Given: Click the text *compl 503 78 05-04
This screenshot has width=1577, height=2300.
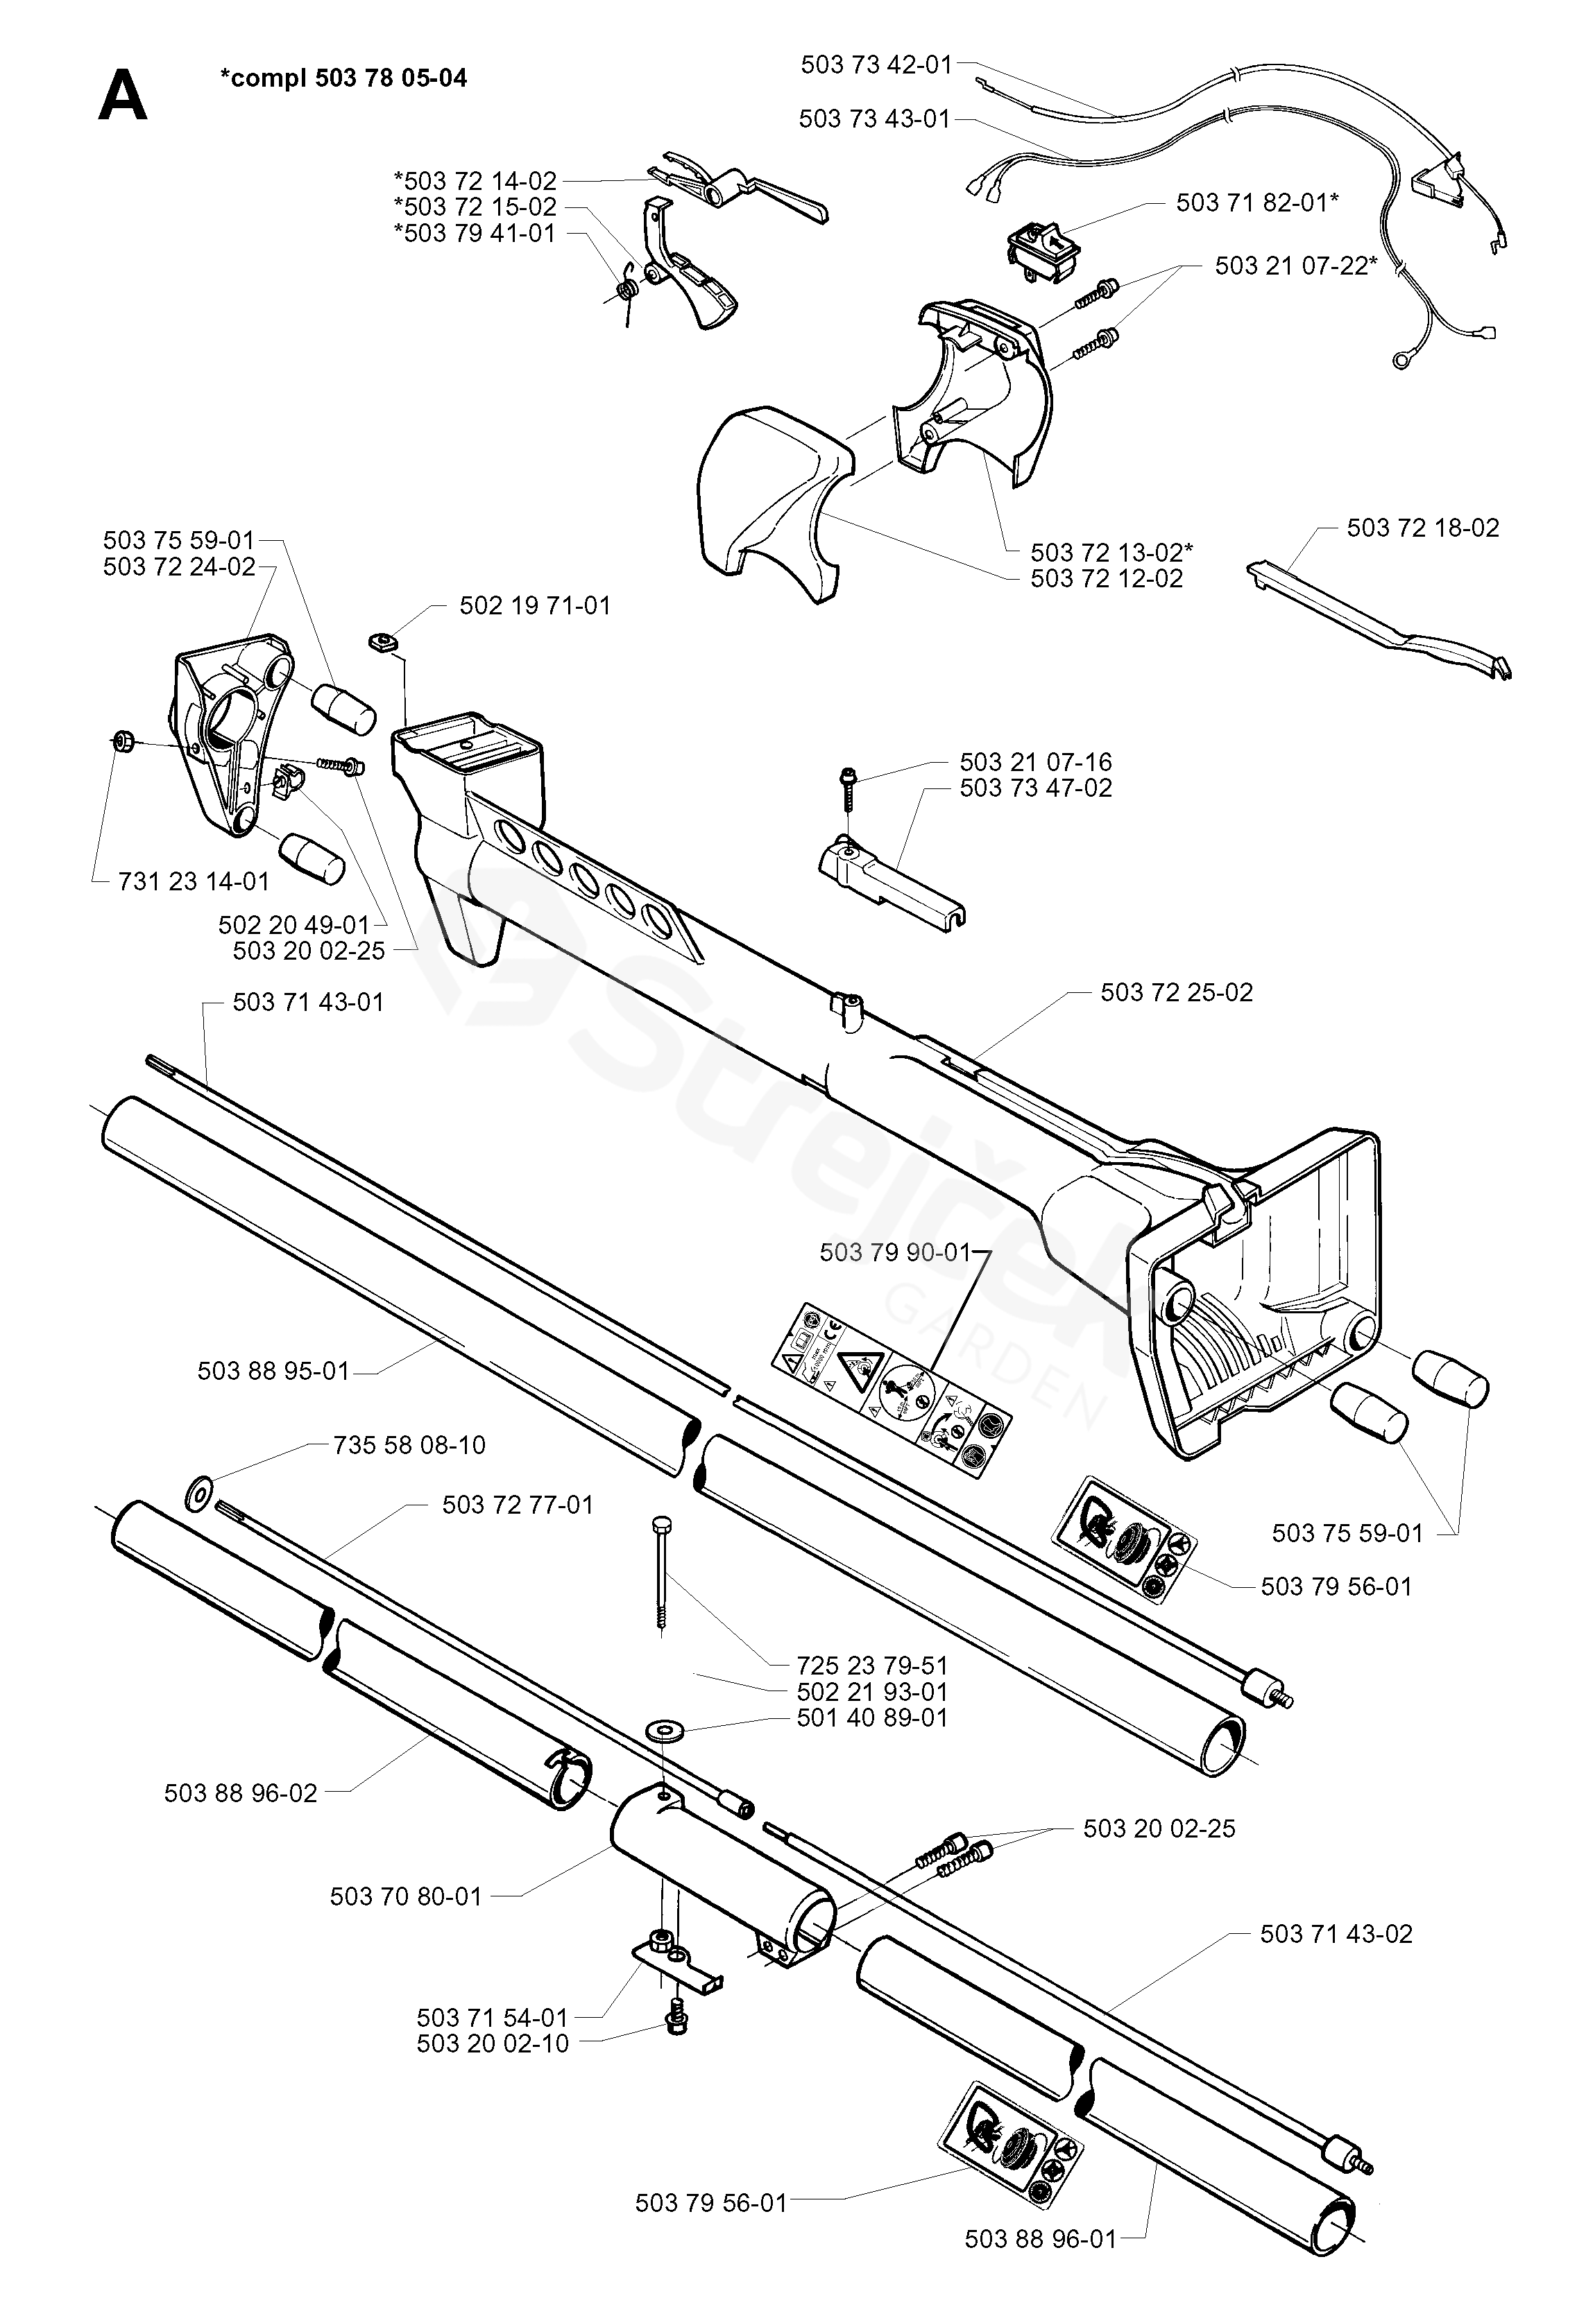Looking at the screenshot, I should point(343,77).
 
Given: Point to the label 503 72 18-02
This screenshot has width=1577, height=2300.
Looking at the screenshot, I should point(1422,528).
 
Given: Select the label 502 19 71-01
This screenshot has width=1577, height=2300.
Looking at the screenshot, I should point(535,605).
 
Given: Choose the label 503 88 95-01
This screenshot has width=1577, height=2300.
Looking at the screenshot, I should point(273,1371).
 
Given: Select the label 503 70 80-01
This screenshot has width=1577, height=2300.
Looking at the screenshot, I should point(405,1896).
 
